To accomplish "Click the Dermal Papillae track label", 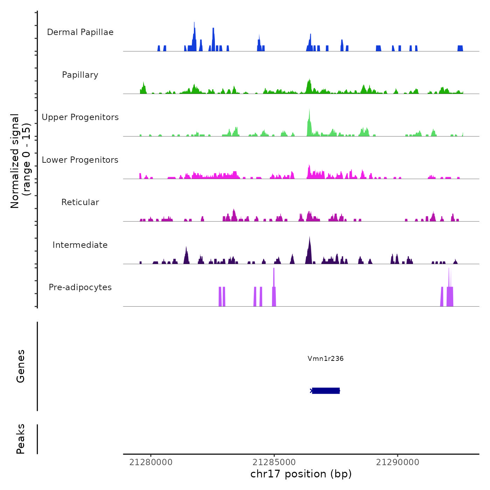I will click(80, 32).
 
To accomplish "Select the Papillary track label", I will click(80, 75).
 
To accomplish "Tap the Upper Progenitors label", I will click(80, 117).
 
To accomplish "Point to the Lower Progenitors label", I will click(80, 160).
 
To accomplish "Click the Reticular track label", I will click(80, 202).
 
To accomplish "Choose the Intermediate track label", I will click(80, 245).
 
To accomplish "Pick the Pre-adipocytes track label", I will click(80, 287).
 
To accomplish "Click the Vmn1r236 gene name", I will click(325, 358).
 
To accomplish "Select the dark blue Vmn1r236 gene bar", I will click(326, 391).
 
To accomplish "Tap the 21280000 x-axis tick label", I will click(151, 462).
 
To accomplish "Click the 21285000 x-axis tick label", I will click(274, 462).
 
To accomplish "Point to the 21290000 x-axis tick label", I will click(398, 462).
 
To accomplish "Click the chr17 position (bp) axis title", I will click(301, 474).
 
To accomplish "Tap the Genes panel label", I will click(21, 366).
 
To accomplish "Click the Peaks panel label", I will click(21, 439).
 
